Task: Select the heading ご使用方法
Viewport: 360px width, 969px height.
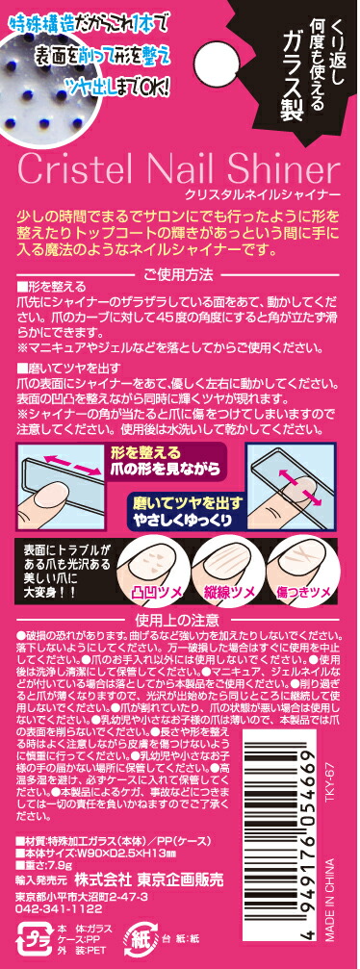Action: click(179, 274)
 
